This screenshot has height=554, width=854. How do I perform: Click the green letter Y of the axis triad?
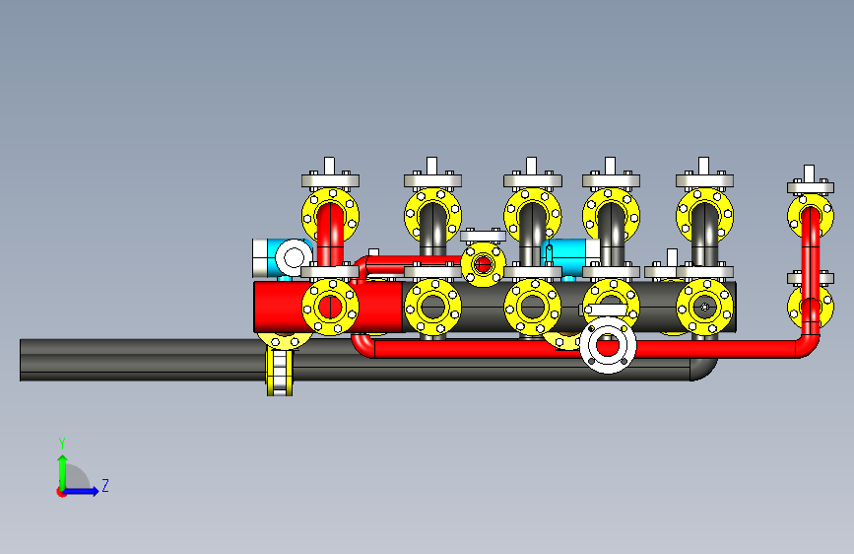pos(62,443)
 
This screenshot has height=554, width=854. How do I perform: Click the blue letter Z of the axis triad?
pos(105,485)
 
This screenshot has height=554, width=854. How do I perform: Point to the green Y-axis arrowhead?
pos(63,460)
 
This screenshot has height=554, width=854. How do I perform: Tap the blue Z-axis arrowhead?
pos(95,491)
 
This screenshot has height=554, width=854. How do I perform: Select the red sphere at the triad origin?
pos(61,492)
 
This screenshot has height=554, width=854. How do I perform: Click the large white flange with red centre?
pos(608,345)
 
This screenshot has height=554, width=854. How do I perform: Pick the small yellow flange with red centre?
pos(483,265)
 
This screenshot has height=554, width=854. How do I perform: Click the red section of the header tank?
pos(328,307)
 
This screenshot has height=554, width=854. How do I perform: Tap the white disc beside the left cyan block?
pos(295,257)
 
